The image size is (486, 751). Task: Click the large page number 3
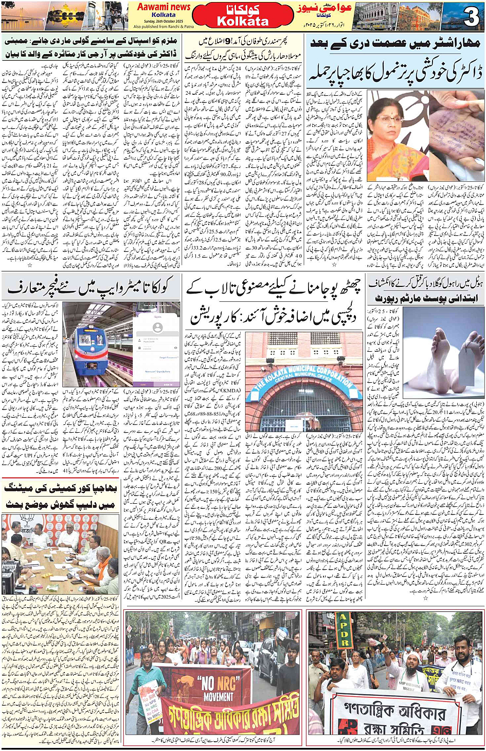(471, 17)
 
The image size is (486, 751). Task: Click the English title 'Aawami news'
(164, 7)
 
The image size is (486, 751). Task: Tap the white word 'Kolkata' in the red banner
(243, 22)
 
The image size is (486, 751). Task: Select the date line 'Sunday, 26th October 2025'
(164, 21)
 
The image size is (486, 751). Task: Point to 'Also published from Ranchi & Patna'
(164, 26)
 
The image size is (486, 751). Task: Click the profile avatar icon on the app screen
(157, 328)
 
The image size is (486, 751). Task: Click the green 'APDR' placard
(344, 630)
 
